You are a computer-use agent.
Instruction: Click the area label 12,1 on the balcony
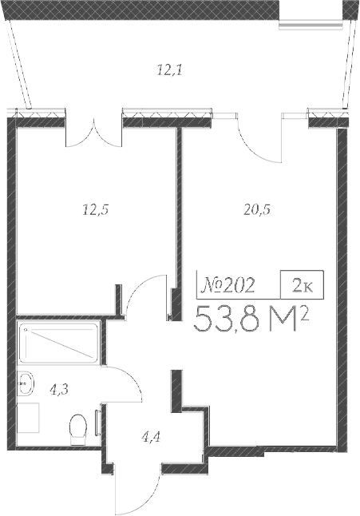tap(169, 70)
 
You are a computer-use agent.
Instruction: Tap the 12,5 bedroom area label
tap(95, 211)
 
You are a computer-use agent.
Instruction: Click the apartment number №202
tap(228, 284)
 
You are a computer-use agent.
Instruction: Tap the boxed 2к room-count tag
tap(301, 285)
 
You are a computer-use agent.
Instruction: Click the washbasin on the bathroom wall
tap(26, 384)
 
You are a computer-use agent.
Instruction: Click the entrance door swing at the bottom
tap(132, 487)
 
